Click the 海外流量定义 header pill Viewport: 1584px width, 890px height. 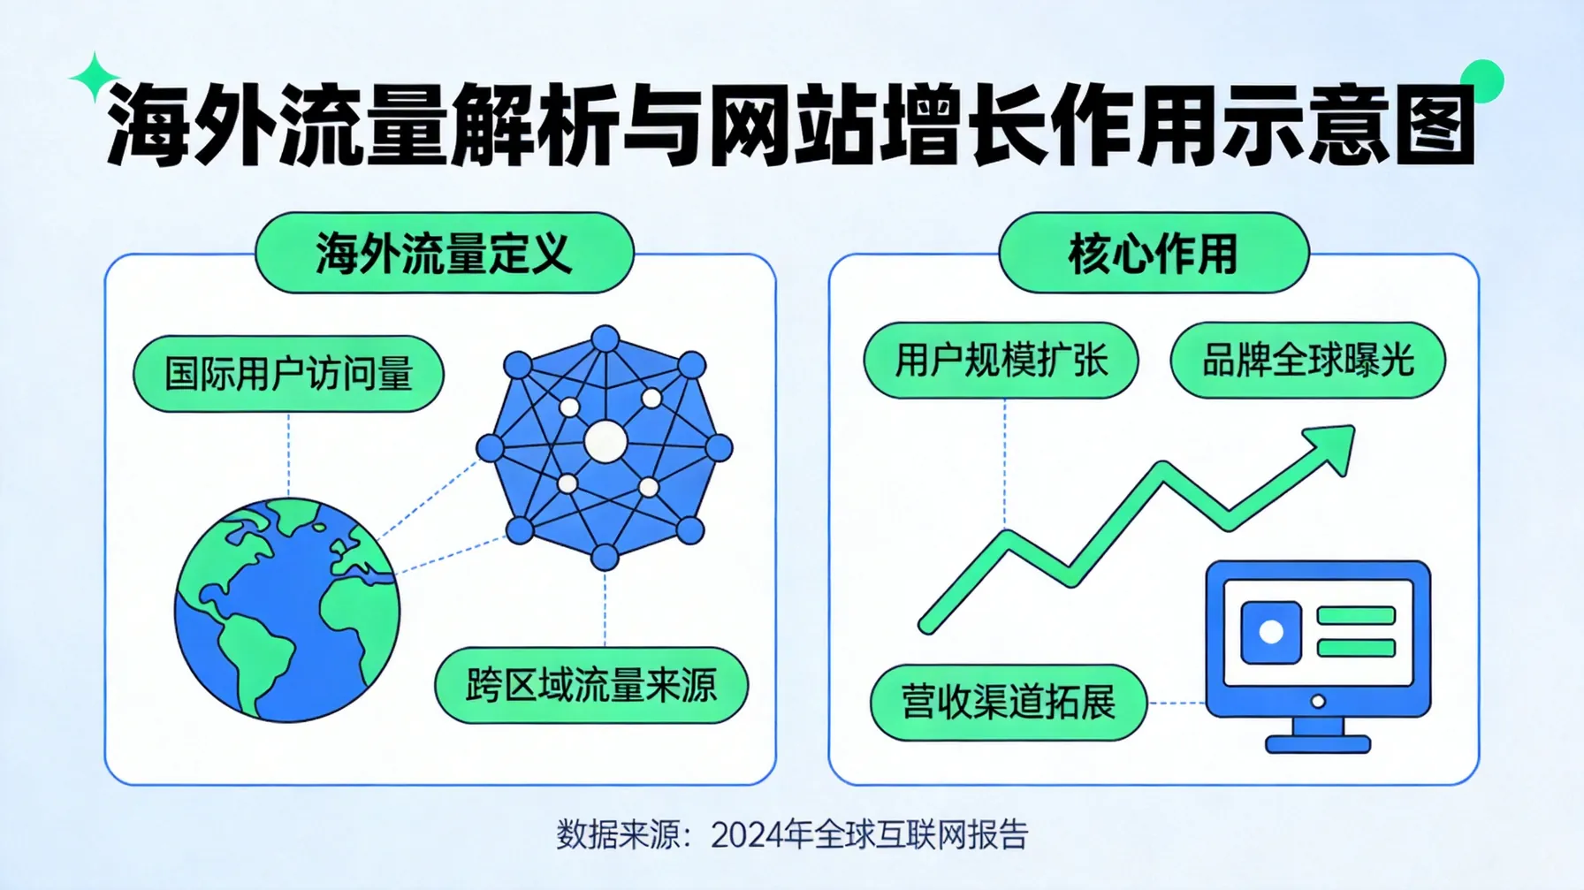point(445,253)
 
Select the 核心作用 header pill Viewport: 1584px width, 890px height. point(1153,253)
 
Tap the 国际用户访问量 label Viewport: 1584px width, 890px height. point(288,373)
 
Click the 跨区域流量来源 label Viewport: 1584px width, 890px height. point(590,685)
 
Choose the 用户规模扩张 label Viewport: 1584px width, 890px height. point(1001,360)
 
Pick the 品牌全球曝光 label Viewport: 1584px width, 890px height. point(1307,360)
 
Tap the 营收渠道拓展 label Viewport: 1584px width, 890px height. point(1008,703)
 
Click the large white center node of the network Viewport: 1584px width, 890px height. point(605,441)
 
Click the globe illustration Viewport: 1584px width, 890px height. point(287,610)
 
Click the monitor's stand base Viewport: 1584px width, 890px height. point(1317,744)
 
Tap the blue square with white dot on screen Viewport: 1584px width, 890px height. point(1270,632)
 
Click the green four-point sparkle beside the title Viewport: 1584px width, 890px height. point(94,78)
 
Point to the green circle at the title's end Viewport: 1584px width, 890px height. point(1481,81)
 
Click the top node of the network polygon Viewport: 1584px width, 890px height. point(605,339)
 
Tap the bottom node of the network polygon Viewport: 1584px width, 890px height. point(605,557)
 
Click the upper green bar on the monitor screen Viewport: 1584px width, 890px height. point(1355,616)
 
